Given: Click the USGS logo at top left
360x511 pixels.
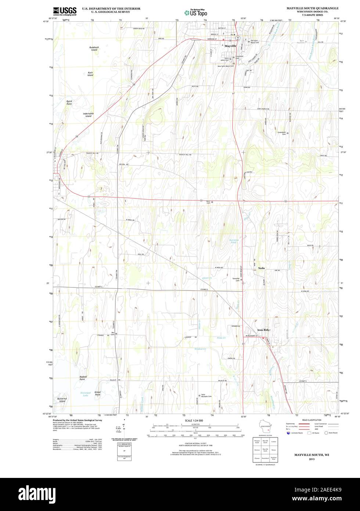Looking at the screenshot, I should [65, 11].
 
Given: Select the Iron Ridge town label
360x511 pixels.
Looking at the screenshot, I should [264, 330].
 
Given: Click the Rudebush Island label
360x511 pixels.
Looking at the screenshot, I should [94, 49].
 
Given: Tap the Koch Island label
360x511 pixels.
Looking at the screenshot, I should [90, 74].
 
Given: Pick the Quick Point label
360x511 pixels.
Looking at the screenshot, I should [69, 103].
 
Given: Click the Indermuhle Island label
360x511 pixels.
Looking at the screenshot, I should [89, 115].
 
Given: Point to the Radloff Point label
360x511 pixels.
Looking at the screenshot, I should [85, 378].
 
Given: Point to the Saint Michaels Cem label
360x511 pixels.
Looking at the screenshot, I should [206, 396].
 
